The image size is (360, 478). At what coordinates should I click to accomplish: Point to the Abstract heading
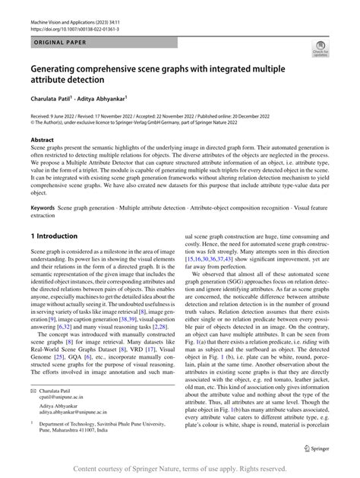43,141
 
